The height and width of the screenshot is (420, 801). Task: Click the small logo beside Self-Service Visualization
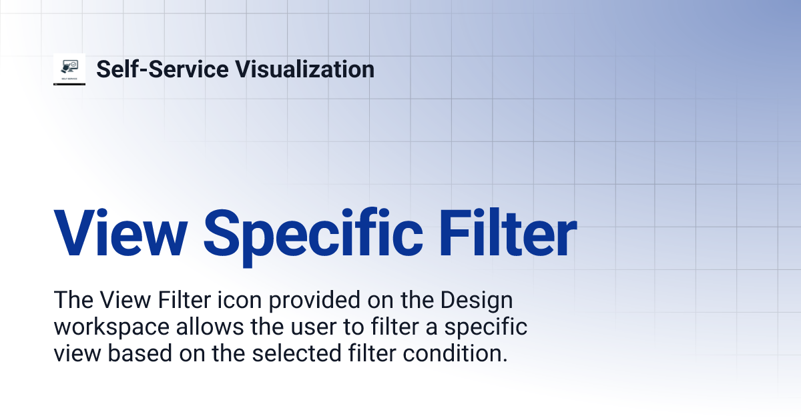[69, 69]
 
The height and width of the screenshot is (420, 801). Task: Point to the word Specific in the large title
[313, 235]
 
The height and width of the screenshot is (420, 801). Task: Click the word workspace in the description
[111, 328]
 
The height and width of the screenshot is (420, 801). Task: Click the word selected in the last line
[291, 353]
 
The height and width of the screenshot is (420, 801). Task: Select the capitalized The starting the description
[72, 301]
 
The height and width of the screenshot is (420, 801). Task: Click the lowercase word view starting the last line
[73, 353]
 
